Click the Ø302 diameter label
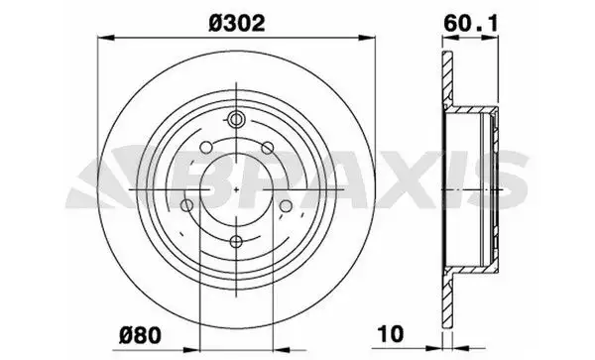[236, 24]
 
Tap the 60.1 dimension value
[470, 24]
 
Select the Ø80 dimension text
[140, 335]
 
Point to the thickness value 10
[391, 334]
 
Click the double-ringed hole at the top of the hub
[236, 119]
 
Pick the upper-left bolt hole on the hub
[206, 147]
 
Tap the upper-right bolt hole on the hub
[267, 148]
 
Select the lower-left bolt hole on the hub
[186, 205]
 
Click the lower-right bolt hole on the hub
[286, 205]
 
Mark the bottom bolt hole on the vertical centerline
[236, 241]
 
